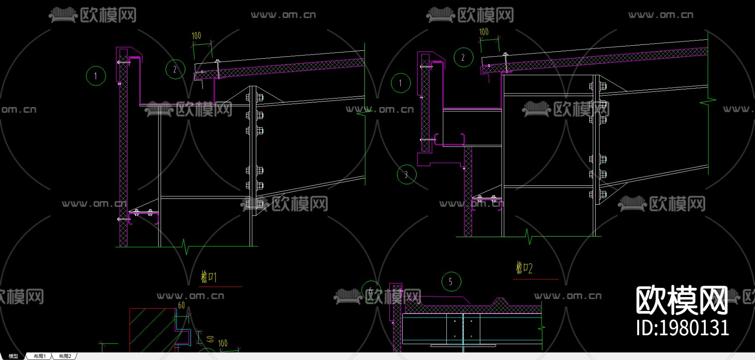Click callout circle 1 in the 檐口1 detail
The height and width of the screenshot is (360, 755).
point(96,76)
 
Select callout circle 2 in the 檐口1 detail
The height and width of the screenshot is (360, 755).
point(175,70)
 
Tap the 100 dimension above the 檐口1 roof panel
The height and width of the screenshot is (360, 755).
point(196,36)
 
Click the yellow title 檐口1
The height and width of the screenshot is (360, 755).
point(208,277)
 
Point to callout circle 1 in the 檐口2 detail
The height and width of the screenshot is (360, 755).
point(401,83)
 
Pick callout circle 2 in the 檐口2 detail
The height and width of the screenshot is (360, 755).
point(463,57)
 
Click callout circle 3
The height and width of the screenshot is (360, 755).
point(406,174)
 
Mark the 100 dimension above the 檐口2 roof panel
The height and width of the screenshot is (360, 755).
point(484,32)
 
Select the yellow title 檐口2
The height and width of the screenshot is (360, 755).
point(524,268)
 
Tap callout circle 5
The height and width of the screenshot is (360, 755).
point(451,282)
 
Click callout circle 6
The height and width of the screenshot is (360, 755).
point(371,290)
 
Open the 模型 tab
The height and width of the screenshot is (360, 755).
point(13,356)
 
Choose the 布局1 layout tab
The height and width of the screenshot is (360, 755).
point(39,356)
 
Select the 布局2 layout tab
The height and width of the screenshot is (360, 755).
point(65,356)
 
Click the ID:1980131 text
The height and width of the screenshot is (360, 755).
point(682,328)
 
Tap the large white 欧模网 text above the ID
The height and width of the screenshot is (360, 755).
point(682,300)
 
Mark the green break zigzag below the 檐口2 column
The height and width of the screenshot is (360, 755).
point(529,237)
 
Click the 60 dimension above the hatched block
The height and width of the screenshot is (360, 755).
point(181,305)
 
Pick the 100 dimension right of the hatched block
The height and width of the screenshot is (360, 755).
point(223,343)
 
